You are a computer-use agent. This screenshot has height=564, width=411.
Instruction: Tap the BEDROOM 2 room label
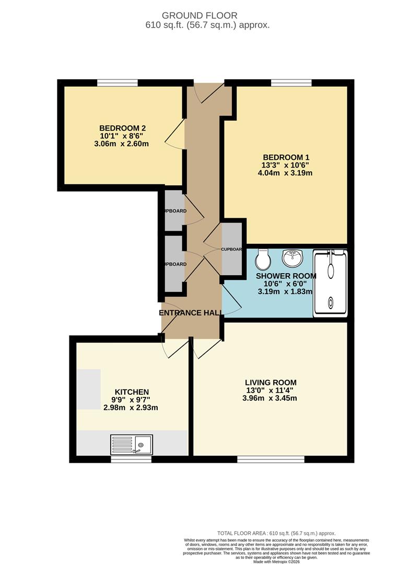coord(122,128)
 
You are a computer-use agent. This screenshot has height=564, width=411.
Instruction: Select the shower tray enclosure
coord(330,283)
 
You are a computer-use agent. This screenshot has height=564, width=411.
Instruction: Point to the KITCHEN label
coord(132,392)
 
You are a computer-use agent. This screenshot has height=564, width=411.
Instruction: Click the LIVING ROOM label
coord(271,382)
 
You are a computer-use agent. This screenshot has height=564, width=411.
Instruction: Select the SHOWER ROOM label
coord(286,276)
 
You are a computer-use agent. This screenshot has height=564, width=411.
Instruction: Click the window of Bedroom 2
coord(118,82)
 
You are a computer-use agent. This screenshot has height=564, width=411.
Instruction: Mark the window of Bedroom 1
coord(291,82)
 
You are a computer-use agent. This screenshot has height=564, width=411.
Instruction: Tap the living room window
coord(271,459)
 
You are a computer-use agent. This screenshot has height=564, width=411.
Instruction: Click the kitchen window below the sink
coord(131,459)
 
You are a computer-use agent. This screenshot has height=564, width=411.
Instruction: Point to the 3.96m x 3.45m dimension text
coord(271,398)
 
